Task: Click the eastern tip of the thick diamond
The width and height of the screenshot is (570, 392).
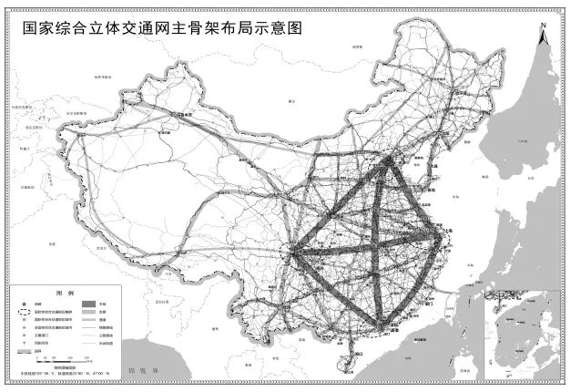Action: [443, 235]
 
